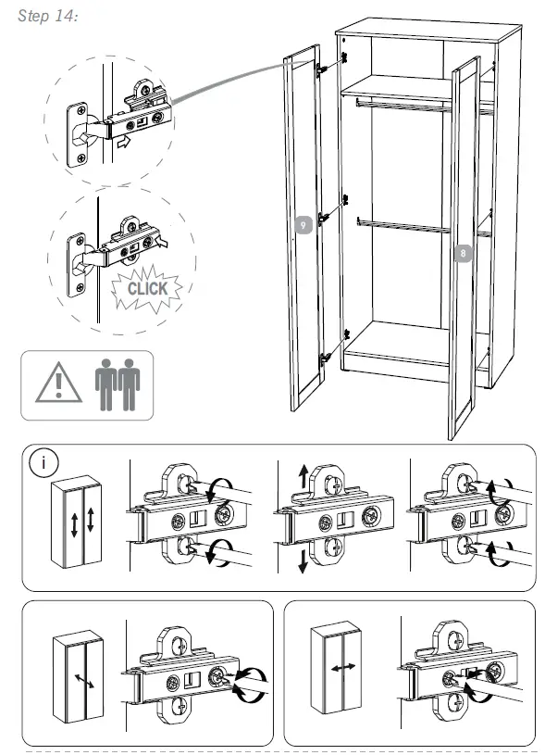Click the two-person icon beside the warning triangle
point(118,383)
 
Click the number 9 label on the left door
point(302,225)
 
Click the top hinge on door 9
point(323,69)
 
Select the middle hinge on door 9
point(324,217)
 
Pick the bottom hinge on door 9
point(325,356)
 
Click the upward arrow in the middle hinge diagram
point(302,478)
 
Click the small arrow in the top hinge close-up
point(122,143)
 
